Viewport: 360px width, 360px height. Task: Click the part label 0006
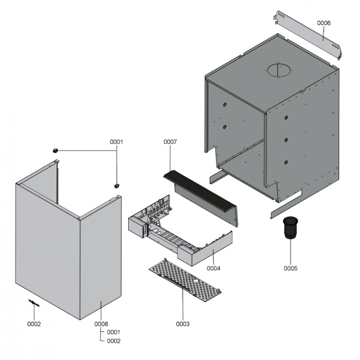pos(324,23)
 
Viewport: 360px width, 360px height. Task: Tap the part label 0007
pos(170,142)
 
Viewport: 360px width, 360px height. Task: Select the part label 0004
pos(213,268)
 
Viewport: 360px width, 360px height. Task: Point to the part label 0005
pos(290,268)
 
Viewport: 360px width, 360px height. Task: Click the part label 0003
pos(183,324)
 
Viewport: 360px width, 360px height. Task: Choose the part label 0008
pos(101,324)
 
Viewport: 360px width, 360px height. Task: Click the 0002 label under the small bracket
pos(34,324)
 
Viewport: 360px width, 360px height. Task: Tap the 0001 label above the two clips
pos(117,142)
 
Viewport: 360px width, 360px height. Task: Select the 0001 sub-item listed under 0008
pos(114,332)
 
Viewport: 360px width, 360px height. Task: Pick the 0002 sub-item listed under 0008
pos(114,341)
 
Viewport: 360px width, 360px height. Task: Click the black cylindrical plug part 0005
pos(290,228)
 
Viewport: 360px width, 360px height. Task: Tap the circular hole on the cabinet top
pos(279,70)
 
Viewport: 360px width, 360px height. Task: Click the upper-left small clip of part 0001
pos(55,151)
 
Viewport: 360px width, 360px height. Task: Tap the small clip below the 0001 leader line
pos(117,185)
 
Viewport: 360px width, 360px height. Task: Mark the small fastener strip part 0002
pos(34,303)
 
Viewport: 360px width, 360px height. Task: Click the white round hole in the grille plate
pos(196,281)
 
